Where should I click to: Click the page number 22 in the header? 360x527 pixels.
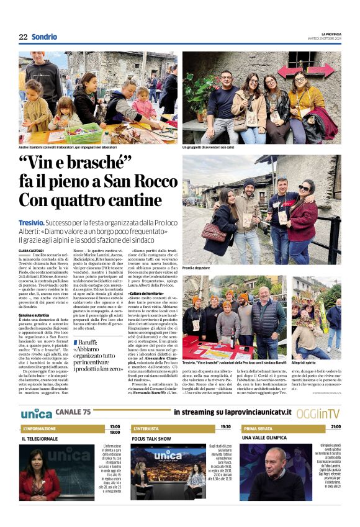23,37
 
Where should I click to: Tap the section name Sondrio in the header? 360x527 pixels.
45,37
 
